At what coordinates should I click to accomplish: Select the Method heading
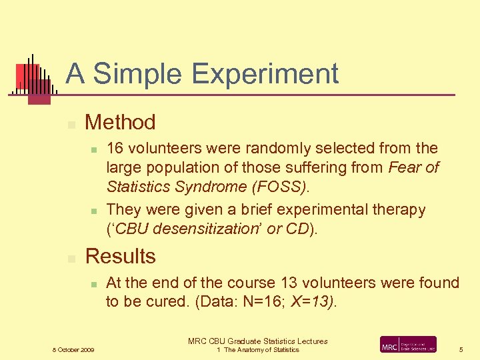[120, 122]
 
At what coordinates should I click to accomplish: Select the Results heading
[121, 256]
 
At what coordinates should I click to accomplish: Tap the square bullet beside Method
[71, 124]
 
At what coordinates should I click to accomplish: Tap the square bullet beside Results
[71, 258]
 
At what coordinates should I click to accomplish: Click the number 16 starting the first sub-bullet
[115, 148]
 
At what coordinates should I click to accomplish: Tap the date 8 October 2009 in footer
[73, 350]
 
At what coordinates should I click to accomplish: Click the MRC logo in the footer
[408, 345]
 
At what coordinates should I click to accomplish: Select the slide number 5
[460, 349]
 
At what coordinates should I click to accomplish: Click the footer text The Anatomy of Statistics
[261, 350]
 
